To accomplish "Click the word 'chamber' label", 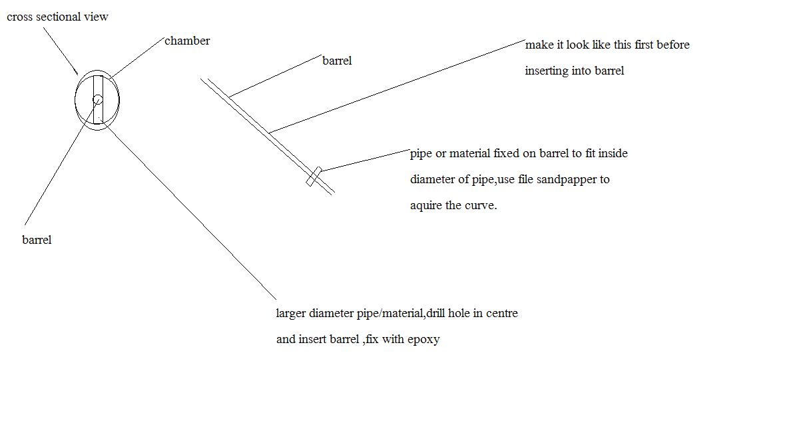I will [x=187, y=41].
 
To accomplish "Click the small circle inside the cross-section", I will [x=98, y=100].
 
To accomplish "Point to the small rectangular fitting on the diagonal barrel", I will [x=314, y=177].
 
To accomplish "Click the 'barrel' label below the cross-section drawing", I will [x=37, y=240].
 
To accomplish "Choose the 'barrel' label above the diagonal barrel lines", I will [x=337, y=61].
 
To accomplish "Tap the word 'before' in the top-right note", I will [x=673, y=45].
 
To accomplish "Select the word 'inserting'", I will [x=547, y=71].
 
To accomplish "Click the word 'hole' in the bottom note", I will [x=459, y=313].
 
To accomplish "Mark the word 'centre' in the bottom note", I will [x=502, y=313].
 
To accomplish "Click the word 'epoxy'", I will [x=423, y=340].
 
